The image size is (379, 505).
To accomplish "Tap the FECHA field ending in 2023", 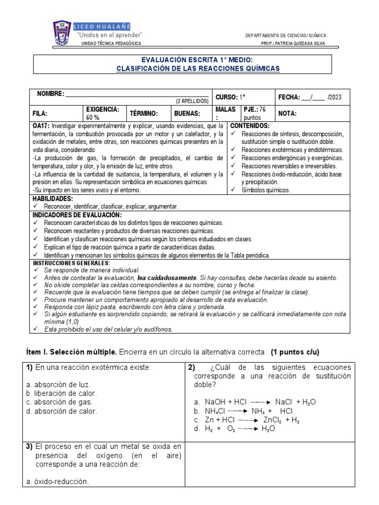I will (x=309, y=98).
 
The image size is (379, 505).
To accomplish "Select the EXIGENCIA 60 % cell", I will (x=102, y=113).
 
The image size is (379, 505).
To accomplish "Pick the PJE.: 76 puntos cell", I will (x=256, y=113).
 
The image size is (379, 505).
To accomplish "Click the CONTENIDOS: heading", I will (x=250, y=126).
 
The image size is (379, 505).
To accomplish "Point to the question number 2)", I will (x=192, y=367).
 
